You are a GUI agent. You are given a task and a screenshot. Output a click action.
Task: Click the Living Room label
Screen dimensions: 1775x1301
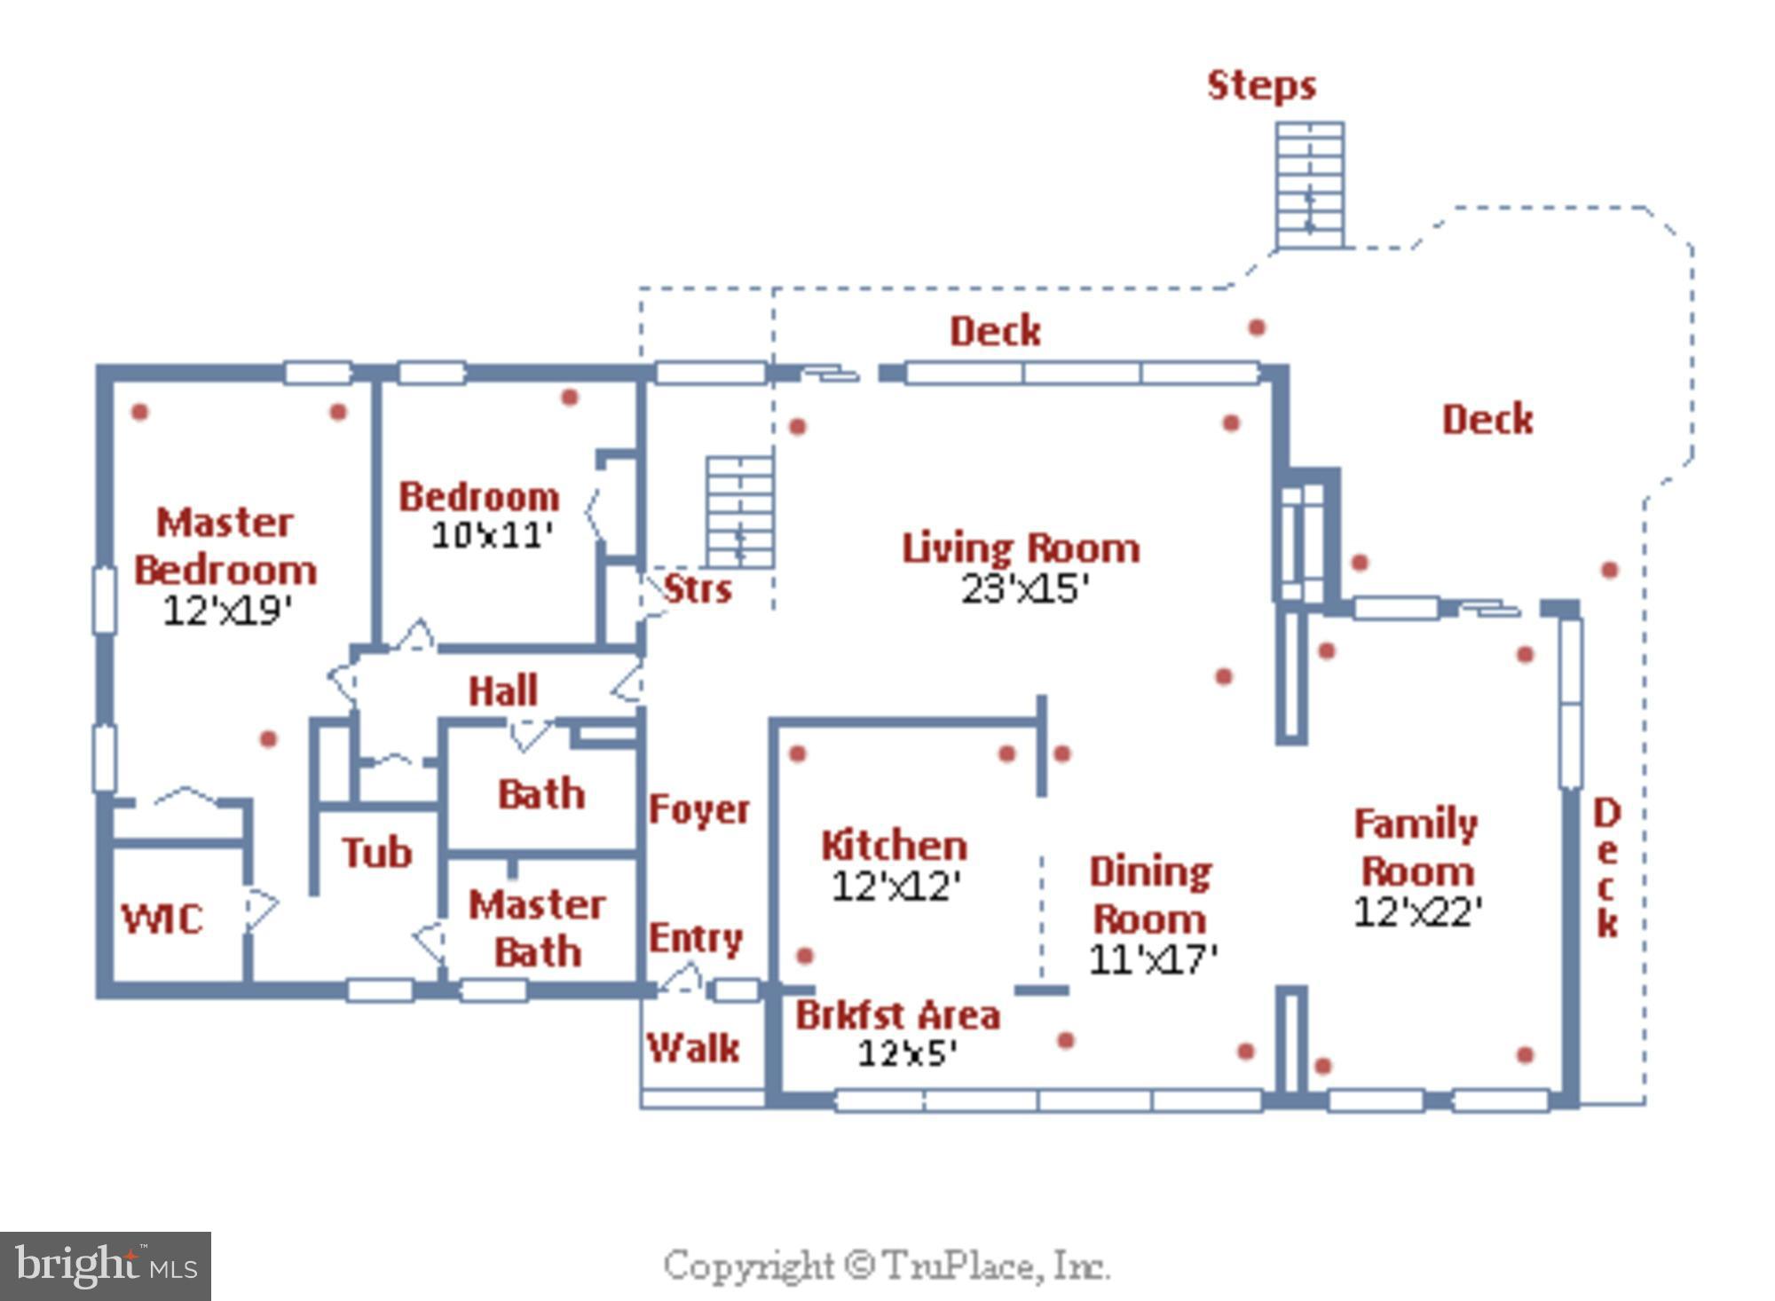pyautogui.click(x=1021, y=548)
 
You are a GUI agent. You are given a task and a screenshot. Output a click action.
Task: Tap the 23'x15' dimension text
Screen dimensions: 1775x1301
pyautogui.click(x=1025, y=588)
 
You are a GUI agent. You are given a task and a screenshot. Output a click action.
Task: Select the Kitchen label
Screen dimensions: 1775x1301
pyautogui.click(x=895, y=845)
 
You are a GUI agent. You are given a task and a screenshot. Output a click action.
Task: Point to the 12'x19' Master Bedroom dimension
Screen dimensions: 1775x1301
pyautogui.click(x=227, y=611)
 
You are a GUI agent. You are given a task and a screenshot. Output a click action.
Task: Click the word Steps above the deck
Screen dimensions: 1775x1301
pyautogui.click(x=1261, y=86)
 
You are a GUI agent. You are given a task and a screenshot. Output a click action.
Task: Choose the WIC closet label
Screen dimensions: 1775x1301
pyautogui.click(x=162, y=919)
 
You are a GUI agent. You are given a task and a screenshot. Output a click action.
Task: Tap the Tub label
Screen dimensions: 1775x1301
pyautogui.click(x=377, y=852)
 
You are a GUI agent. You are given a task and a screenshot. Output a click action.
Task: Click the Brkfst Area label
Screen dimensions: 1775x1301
pyautogui.click(x=897, y=1014)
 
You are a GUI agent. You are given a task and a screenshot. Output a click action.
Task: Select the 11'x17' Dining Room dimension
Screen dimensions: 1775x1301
pyautogui.click(x=1153, y=959)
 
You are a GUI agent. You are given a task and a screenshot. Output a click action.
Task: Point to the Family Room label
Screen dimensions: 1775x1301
pyautogui.click(x=1416, y=848)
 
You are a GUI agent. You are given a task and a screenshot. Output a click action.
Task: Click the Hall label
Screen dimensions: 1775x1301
pyautogui.click(x=503, y=690)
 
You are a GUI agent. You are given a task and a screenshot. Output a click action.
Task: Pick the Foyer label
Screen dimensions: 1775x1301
pyautogui.click(x=699, y=809)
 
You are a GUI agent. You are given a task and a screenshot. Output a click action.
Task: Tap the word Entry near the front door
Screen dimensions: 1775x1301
pyautogui.click(x=696, y=939)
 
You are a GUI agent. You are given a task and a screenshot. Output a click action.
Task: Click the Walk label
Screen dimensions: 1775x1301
pyautogui.click(x=693, y=1048)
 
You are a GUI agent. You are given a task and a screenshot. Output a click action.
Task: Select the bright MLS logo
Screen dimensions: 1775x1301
pyautogui.click(x=106, y=1266)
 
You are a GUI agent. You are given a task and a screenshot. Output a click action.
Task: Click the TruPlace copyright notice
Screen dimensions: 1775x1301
pyautogui.click(x=887, y=1266)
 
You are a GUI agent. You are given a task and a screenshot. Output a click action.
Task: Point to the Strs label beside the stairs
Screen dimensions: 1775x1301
pyautogui.click(x=698, y=588)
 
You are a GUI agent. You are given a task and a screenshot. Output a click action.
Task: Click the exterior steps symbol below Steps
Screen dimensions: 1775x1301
pyautogui.click(x=1310, y=185)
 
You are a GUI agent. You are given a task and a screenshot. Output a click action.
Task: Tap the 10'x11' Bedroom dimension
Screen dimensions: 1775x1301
pyautogui.click(x=493, y=535)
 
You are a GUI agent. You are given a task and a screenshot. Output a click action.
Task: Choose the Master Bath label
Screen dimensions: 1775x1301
pyautogui.click(x=538, y=928)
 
